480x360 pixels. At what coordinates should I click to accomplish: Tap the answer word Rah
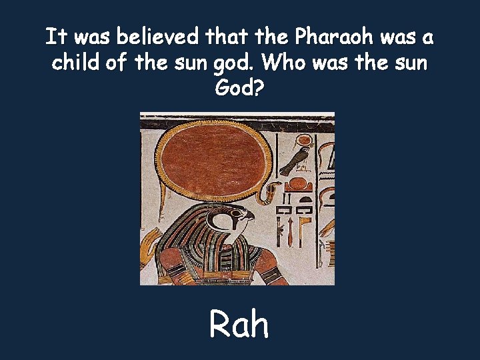pyautogui.click(x=239, y=325)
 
